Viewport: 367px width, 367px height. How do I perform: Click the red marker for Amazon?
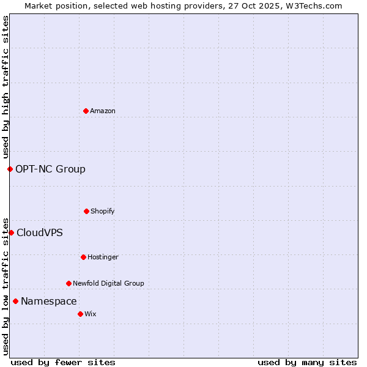coord(86,111)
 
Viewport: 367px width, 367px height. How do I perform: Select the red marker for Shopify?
coord(86,211)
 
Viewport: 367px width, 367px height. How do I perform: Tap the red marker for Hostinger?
coord(83,257)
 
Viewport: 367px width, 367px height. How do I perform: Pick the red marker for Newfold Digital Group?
coord(69,283)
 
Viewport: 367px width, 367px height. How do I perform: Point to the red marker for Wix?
coord(80,314)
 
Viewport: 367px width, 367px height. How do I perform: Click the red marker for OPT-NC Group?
coord(10,169)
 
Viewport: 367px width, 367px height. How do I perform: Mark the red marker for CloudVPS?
coord(11,232)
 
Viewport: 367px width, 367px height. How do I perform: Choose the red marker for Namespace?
coord(15,301)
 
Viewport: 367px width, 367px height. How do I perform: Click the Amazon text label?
coord(103,111)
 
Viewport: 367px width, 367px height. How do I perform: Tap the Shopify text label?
coord(103,211)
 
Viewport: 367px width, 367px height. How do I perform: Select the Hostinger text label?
coord(103,257)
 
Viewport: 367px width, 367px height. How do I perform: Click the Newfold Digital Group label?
coord(108,283)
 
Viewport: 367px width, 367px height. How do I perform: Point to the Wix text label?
coord(91,314)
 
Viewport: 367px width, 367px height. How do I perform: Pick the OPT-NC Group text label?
coord(50,169)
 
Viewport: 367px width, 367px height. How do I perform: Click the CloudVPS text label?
coord(39,232)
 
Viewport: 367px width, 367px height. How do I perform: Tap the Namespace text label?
coord(48,301)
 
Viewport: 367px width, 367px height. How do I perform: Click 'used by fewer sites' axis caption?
coord(63,362)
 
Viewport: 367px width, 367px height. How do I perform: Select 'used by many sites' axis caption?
coord(307,362)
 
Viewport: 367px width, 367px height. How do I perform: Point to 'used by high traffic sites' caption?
coord(6,87)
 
